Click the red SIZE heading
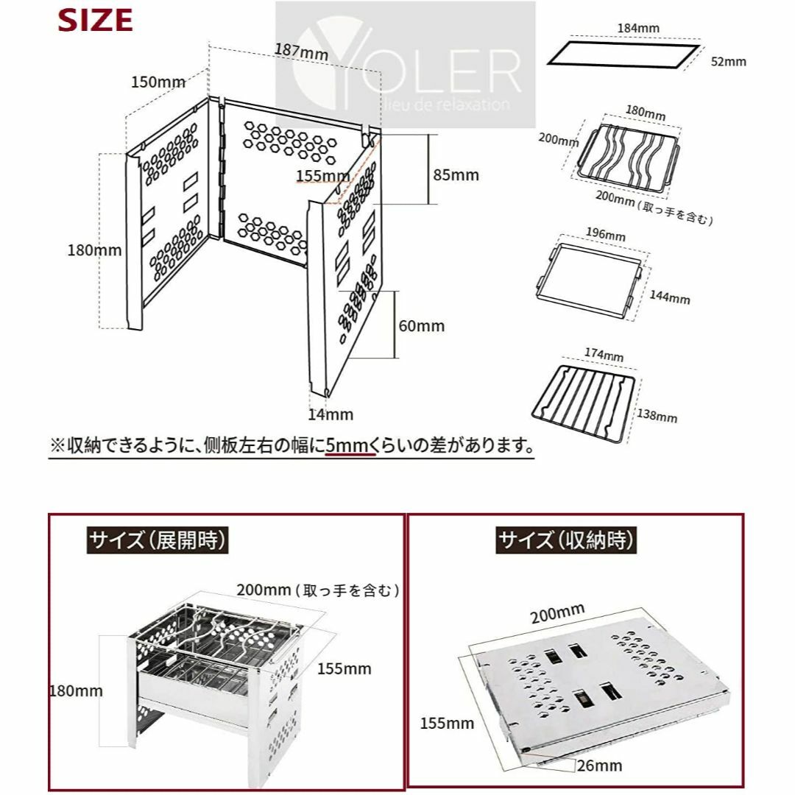point(95,21)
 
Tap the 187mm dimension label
point(301,52)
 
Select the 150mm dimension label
point(158,82)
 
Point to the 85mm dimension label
point(456,175)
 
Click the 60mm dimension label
point(421,325)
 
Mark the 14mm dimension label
point(331,414)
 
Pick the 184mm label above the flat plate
point(638,29)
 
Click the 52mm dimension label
point(729,61)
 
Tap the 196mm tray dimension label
point(605,234)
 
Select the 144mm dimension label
point(670,297)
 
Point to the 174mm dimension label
point(604,354)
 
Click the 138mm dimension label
point(657,416)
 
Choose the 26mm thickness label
point(599,766)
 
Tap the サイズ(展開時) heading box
point(158,540)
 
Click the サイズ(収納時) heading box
point(566,540)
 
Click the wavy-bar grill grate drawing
point(628,156)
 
